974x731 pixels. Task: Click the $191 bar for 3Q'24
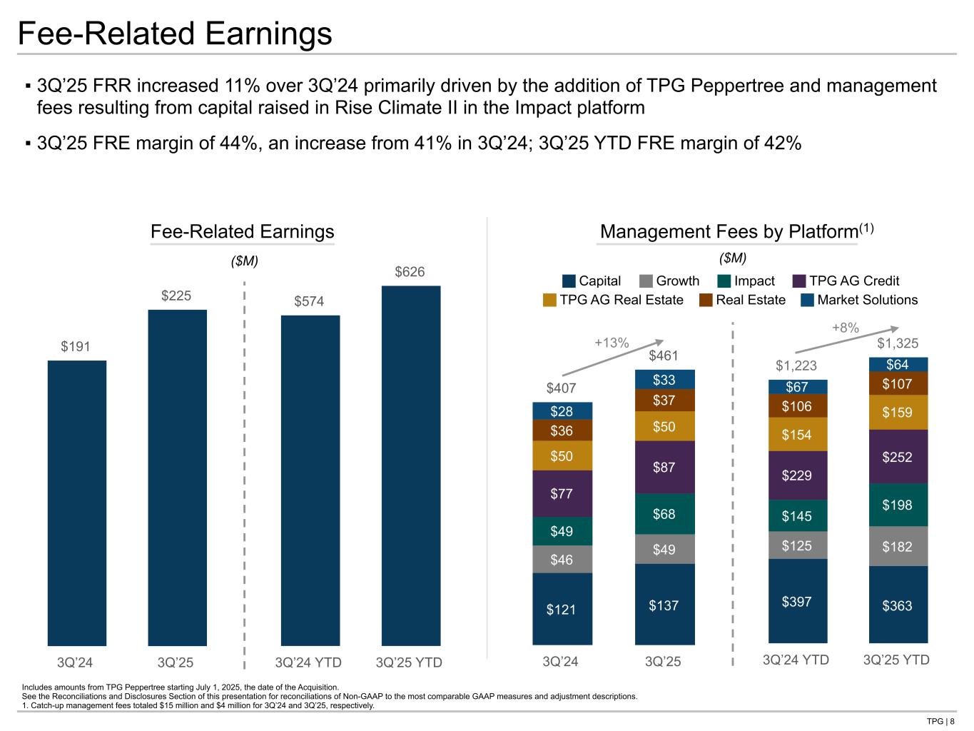pos(77,503)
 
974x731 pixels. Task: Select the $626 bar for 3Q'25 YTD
pos(411,465)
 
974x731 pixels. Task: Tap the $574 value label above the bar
pos(309,301)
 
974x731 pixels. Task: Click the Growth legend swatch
pos(646,281)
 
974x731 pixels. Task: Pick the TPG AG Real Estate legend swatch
pos(549,300)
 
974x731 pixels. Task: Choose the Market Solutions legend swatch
pos(807,300)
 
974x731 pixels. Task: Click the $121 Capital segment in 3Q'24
pos(562,609)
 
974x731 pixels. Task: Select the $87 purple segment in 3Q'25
pos(664,467)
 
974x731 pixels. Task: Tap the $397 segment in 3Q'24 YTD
pos(797,601)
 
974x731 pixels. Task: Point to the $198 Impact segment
pos(898,505)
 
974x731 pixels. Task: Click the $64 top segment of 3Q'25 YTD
pos(898,365)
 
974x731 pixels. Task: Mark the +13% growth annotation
pos(612,343)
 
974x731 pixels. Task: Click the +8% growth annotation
pos(846,328)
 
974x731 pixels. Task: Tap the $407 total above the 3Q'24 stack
pos(562,388)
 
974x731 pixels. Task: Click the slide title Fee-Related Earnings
pos(175,34)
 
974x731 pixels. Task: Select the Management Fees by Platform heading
pos(729,232)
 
